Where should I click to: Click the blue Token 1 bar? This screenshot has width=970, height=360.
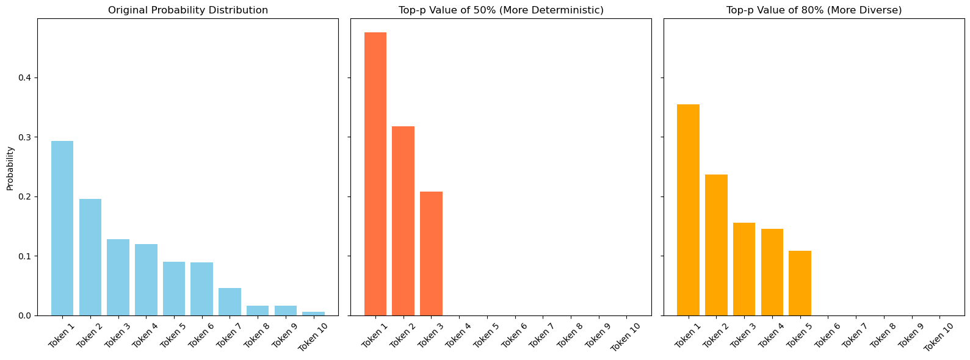(x=62, y=228)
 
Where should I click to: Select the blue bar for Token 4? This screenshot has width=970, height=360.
(x=146, y=279)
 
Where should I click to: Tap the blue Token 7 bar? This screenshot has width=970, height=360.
(x=230, y=301)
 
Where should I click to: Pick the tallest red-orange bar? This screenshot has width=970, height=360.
(x=375, y=174)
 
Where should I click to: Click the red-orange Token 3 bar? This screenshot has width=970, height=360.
(x=431, y=253)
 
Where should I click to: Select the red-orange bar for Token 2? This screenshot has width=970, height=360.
(x=403, y=221)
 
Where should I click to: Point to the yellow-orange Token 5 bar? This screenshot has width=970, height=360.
(x=800, y=283)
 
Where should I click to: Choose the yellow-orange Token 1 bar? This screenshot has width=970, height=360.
(x=688, y=210)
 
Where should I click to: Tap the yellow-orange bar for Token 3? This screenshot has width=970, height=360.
(x=744, y=269)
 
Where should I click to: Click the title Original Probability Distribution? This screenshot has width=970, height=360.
(x=188, y=10)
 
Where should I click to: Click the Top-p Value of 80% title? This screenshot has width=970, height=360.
(x=814, y=10)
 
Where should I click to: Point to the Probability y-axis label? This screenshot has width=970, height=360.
(x=10, y=168)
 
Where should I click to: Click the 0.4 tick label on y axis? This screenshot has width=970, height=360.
(x=24, y=77)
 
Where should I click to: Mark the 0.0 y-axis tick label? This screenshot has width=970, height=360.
(x=24, y=315)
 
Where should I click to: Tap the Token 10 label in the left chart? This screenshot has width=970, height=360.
(x=311, y=337)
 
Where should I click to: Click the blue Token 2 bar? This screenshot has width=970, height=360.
(x=90, y=257)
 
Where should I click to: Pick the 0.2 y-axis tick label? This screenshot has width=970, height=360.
(x=24, y=196)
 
